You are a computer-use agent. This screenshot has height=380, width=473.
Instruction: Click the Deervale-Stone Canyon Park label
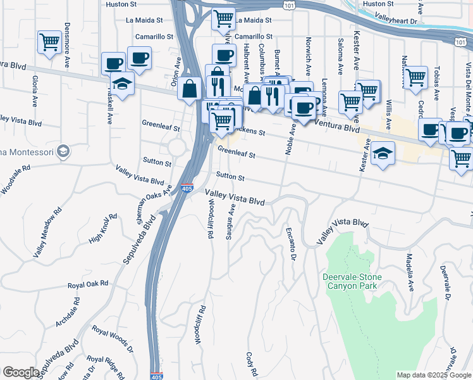coord(350,282)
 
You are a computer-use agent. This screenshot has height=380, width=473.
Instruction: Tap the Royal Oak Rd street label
coord(88,284)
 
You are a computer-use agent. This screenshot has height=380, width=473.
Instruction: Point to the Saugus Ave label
coord(232,222)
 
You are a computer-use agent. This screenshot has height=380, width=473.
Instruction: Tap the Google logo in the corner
coord(21,372)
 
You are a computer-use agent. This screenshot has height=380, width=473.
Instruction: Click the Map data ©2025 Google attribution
coord(433,375)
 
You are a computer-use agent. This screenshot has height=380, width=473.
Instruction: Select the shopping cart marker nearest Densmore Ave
coord(49,42)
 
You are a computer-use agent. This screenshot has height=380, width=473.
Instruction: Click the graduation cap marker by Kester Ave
coord(383,154)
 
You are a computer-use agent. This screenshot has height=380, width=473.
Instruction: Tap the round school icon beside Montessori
coord(63,151)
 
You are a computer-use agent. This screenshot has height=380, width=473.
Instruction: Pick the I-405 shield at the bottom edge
coord(157,376)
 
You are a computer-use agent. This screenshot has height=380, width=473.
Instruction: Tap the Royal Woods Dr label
coord(113,339)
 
